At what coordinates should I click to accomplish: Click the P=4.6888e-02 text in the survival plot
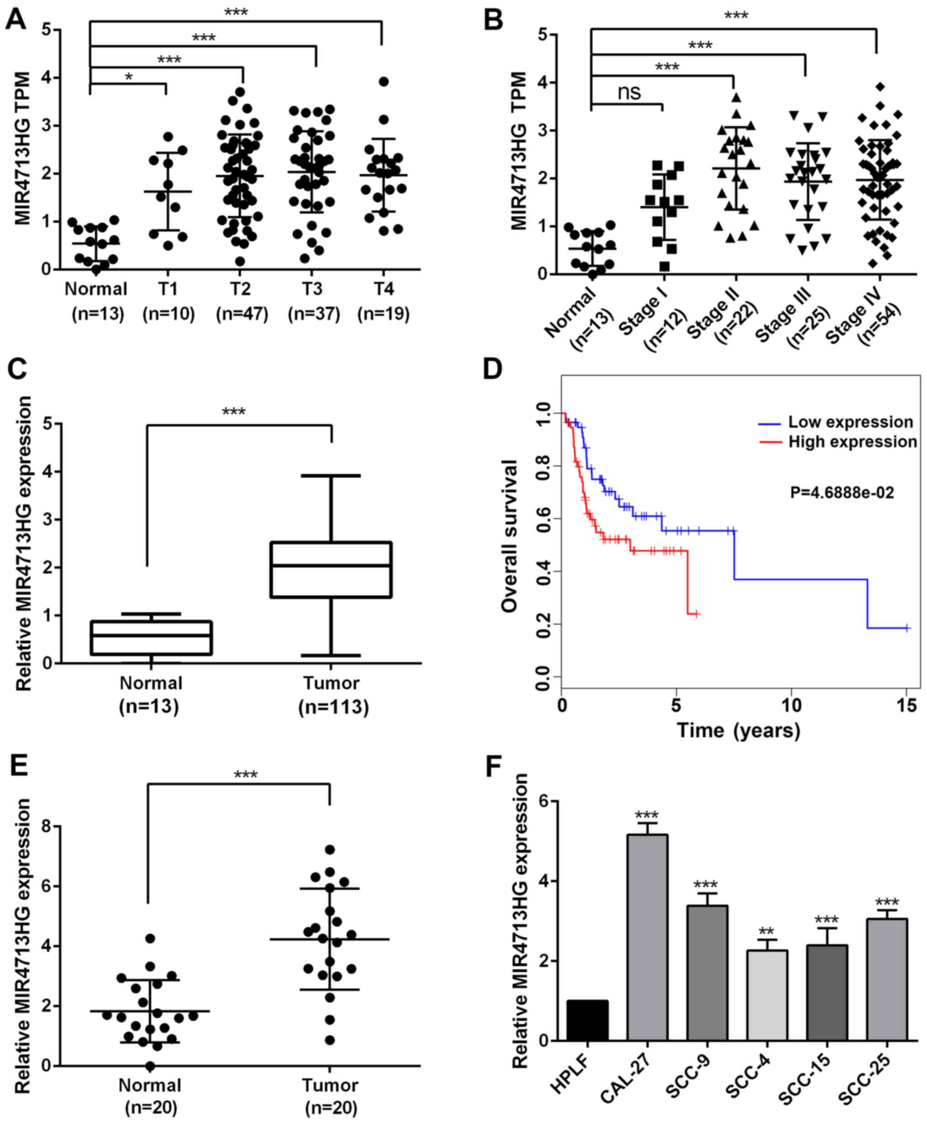(842, 492)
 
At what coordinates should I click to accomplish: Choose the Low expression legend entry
(850, 422)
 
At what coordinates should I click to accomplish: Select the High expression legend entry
(852, 442)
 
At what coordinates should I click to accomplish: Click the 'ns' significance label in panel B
(629, 92)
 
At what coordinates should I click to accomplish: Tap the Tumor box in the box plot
(331, 569)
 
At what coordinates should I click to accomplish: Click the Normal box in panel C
(152, 637)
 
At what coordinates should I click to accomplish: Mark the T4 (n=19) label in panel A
(383, 301)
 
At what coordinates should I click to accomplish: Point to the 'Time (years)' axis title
(738, 730)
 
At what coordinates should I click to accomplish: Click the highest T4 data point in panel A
(383, 81)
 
